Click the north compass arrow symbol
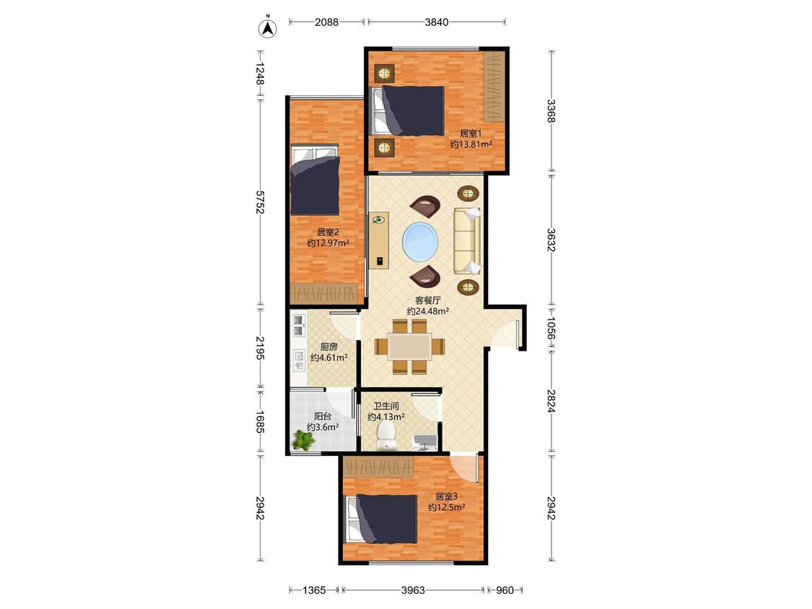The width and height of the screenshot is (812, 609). (268, 28)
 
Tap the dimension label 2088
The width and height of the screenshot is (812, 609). (327, 22)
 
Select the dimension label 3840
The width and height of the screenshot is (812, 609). (437, 22)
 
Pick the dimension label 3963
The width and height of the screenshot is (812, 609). (414, 590)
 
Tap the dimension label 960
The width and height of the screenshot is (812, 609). (505, 590)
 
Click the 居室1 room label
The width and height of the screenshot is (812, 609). (471, 133)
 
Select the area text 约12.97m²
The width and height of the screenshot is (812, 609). (328, 243)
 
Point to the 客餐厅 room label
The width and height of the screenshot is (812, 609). (428, 300)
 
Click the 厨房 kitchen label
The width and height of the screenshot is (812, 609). (329, 347)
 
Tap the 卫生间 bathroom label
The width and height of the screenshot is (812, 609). (386, 406)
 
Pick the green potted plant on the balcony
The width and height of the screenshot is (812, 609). (303, 441)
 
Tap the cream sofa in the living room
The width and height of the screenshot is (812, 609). (468, 241)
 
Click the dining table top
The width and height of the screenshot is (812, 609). (410, 346)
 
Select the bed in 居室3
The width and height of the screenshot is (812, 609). (382, 519)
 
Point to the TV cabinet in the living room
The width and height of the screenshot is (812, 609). (378, 240)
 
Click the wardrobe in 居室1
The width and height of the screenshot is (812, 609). (494, 86)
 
